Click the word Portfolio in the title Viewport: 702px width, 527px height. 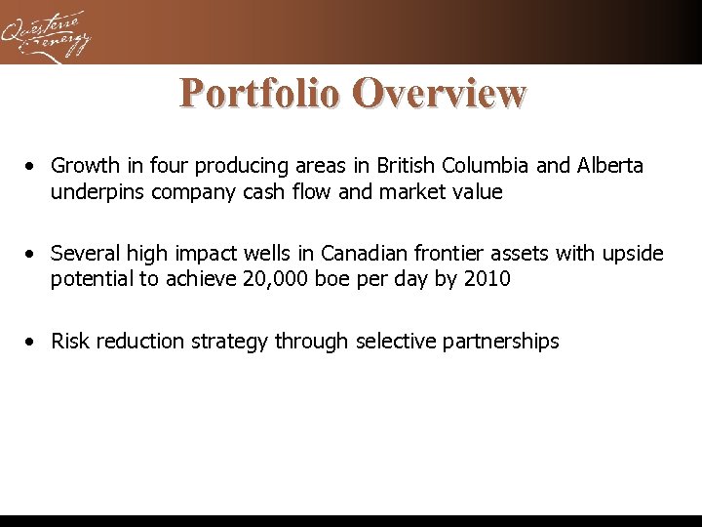(x=260, y=94)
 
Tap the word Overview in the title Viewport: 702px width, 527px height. (x=440, y=94)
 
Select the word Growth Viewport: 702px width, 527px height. (x=85, y=166)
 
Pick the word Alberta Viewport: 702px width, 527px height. (x=608, y=166)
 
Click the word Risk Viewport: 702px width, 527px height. (x=69, y=342)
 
